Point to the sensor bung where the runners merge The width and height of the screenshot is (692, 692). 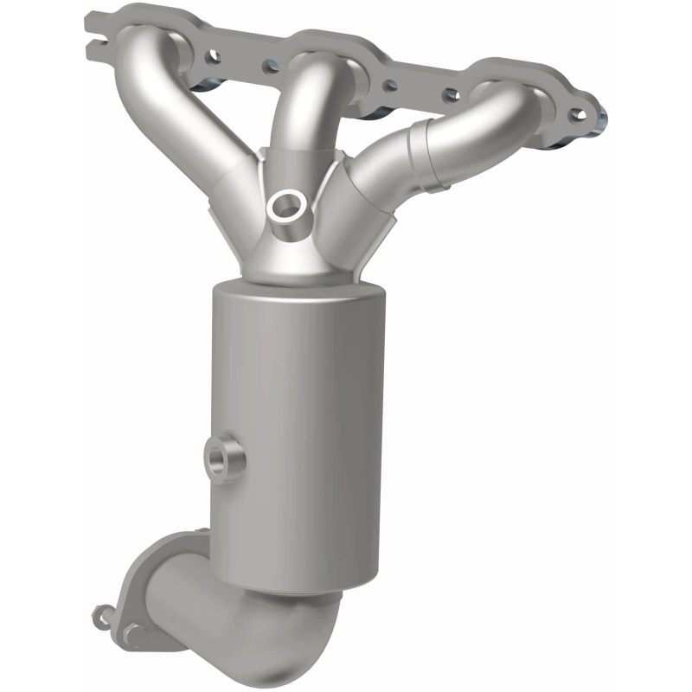[285, 205]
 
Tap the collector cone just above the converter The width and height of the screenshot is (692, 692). [294, 259]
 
